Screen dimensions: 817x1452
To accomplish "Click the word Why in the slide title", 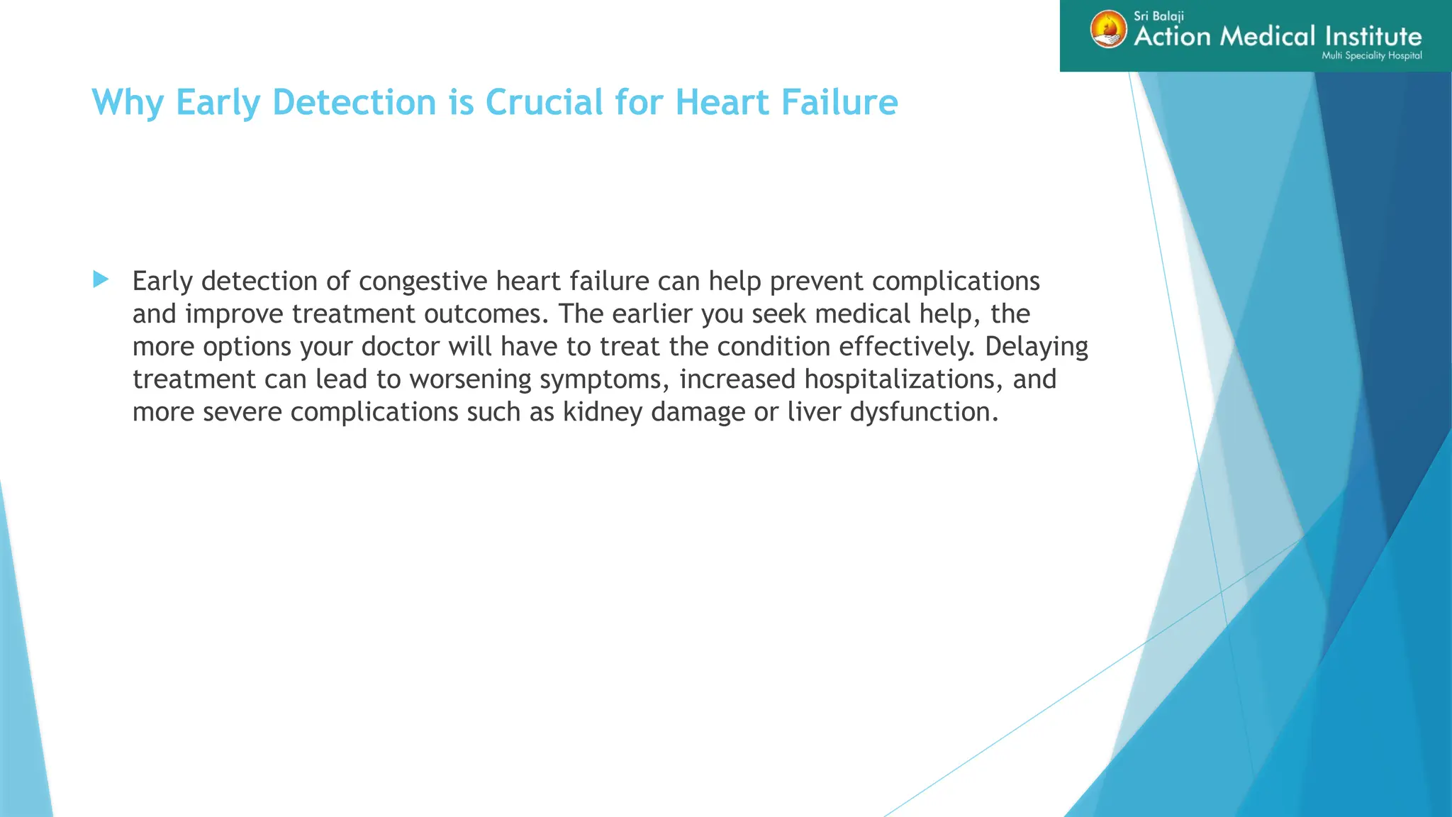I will [128, 103].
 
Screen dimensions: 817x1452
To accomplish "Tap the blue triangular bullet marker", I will [101, 279].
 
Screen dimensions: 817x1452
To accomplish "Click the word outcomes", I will [486, 314].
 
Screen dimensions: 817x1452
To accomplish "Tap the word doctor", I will [401, 347].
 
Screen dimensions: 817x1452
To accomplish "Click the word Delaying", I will [1037, 347].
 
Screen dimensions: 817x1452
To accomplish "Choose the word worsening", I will [470, 379].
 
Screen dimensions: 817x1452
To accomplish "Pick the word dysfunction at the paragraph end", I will [924, 412].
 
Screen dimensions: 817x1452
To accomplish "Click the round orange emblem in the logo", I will [1108, 30].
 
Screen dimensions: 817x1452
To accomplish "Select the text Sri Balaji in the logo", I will [1158, 16].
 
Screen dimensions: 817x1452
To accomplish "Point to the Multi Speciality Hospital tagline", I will [1371, 55].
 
